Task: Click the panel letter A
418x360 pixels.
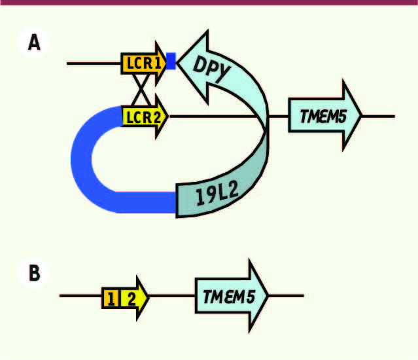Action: point(34,43)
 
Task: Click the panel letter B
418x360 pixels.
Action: point(35,273)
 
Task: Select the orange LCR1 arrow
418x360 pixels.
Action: point(144,63)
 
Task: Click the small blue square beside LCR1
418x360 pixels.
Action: point(171,61)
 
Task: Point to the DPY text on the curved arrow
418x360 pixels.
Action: point(211,69)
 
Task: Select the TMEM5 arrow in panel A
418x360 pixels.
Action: point(325,115)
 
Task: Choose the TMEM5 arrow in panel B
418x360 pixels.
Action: point(232,295)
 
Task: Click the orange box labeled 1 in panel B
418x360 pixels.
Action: point(111,298)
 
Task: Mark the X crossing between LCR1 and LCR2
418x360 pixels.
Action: point(141,90)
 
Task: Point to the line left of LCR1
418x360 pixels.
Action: point(94,63)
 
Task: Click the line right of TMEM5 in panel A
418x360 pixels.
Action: point(378,117)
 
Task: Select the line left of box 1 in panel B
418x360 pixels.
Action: point(80,295)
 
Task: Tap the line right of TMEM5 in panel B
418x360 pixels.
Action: point(286,295)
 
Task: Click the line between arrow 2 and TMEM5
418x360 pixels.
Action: point(172,295)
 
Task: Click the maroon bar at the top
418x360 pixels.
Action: point(209,3)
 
